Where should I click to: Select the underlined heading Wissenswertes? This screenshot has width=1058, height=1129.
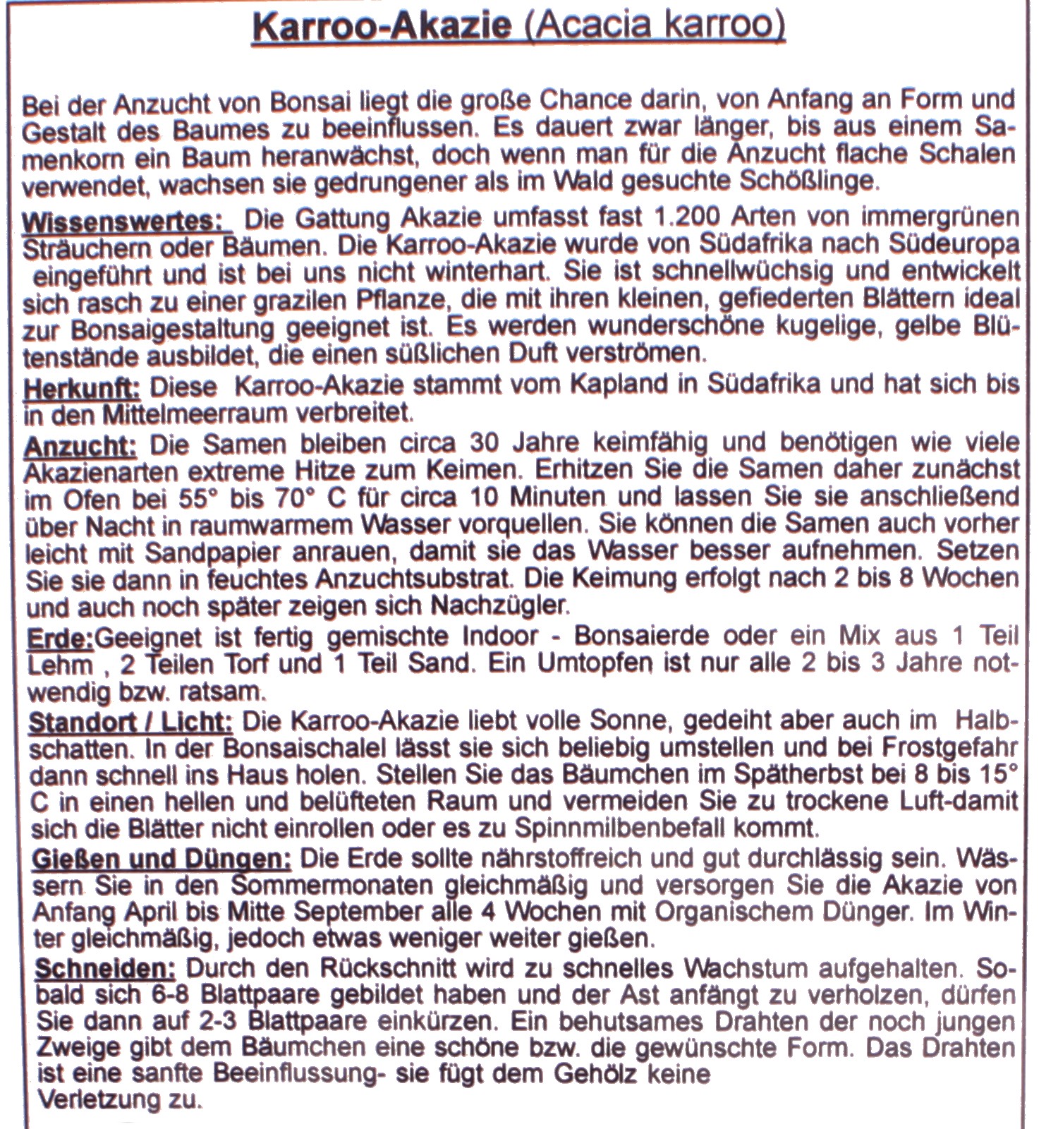pos(127,220)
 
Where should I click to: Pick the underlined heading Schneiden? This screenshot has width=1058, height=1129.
pos(106,968)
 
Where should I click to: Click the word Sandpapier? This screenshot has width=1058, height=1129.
pos(183,552)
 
